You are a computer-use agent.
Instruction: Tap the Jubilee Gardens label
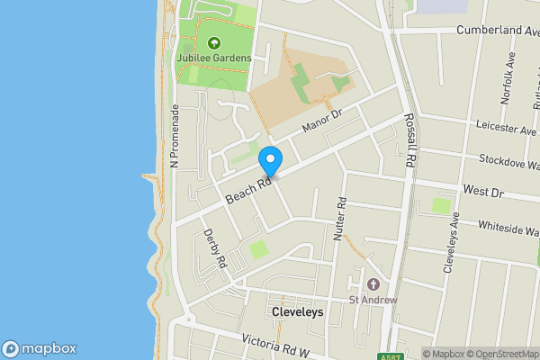pos(213,58)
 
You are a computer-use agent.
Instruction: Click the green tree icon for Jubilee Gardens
pos(214,42)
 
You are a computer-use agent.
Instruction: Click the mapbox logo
pos(39,349)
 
